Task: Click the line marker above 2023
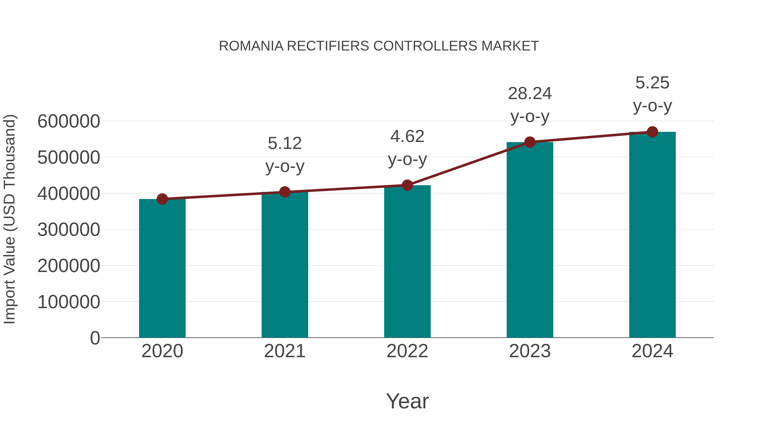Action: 530,142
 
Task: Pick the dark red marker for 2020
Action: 162,199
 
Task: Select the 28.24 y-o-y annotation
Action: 530,105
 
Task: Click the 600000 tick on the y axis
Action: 69,121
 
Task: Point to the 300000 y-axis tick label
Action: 69,230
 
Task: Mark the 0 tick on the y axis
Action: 95,338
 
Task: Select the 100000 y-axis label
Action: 69,302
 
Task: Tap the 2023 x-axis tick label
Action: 530,351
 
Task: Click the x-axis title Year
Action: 407,401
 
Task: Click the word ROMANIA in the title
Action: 251,46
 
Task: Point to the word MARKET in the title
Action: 510,46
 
